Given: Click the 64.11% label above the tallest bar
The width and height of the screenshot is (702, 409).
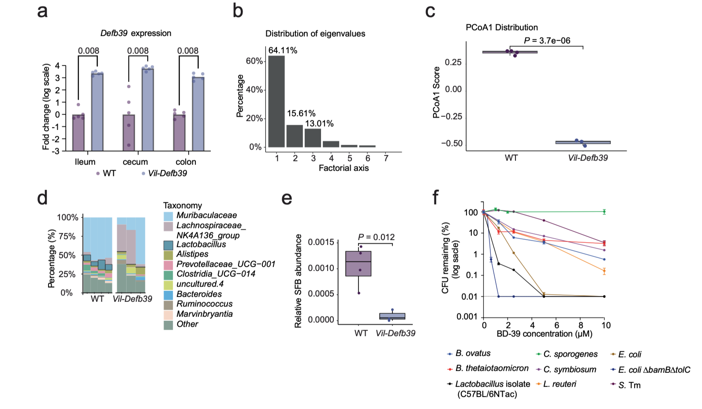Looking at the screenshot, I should click(283, 50).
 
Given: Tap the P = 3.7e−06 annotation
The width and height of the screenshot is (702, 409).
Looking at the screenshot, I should click(547, 41).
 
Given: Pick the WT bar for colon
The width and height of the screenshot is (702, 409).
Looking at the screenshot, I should click(179, 132).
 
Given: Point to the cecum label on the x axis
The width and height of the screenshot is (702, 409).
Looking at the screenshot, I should click(135, 162).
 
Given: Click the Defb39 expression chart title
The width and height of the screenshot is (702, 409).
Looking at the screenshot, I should click(136, 33).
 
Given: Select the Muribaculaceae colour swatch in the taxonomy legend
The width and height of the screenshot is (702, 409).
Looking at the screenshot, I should click(168, 216).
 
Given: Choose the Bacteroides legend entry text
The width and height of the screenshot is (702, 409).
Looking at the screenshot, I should click(199, 294).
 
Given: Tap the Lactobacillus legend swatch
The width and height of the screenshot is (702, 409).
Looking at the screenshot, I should click(168, 245).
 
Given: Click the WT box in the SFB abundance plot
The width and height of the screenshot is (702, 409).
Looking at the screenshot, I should click(358, 264).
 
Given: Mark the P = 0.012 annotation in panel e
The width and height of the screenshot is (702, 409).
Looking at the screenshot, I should click(376, 237).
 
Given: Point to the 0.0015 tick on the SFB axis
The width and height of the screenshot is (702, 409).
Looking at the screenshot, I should click(321, 242).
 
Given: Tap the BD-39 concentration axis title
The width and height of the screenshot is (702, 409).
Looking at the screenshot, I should click(544, 334).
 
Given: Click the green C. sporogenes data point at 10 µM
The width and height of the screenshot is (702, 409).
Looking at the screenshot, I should click(604, 212).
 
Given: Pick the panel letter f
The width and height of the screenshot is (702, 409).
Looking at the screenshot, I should click(436, 197).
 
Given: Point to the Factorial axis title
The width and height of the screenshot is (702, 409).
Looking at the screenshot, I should click(344, 168).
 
